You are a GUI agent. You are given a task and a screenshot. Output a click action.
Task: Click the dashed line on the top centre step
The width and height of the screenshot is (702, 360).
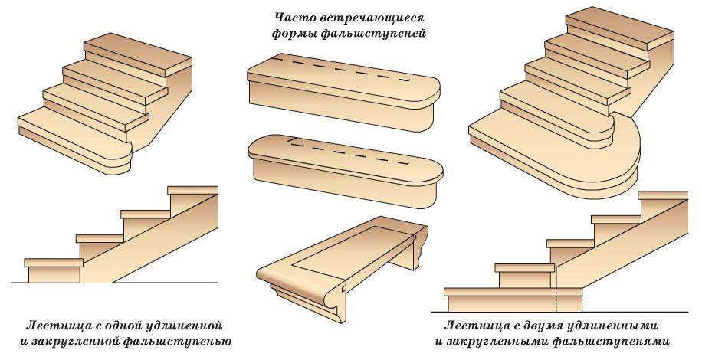click(x=342, y=69)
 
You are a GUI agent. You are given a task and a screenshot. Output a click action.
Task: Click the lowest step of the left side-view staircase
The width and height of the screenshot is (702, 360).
click(x=54, y=270)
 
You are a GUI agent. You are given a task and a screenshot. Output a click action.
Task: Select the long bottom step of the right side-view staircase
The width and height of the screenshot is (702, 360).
click(x=513, y=299)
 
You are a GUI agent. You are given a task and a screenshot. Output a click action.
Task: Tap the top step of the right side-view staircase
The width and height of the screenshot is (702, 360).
click(x=663, y=204)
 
